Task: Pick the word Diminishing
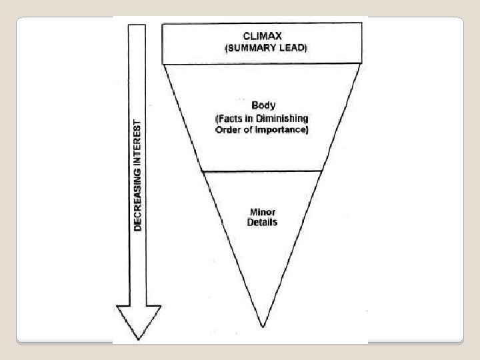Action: pyautogui.click(x=284, y=118)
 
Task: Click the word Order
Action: pyautogui.click(x=228, y=129)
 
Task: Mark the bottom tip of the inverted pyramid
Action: pyautogui.click(x=261, y=326)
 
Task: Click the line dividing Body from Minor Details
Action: pyautogui.click(x=261, y=170)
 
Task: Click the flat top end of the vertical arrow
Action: pyautogui.click(x=139, y=25)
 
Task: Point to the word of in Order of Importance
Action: pyautogui.click(x=249, y=129)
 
